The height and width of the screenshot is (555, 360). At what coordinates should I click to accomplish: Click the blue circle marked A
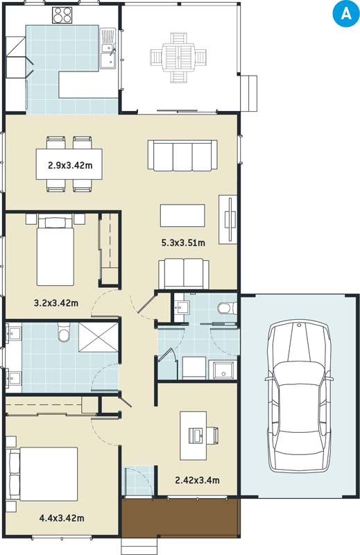click(x=346, y=14)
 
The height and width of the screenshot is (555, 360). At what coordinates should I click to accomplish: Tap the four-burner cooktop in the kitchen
click(x=62, y=15)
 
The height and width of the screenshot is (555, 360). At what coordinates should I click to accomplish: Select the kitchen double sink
click(x=108, y=49)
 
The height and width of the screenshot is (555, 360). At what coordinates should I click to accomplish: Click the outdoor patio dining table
click(x=178, y=58)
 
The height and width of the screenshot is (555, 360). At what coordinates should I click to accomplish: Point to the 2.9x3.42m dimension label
click(x=70, y=165)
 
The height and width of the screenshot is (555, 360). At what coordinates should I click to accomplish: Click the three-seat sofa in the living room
click(x=182, y=155)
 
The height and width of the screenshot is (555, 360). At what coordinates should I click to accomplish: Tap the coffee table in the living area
click(x=182, y=216)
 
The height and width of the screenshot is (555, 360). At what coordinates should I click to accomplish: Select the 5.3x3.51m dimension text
click(x=183, y=243)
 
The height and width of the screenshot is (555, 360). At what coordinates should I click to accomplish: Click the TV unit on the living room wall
click(x=228, y=219)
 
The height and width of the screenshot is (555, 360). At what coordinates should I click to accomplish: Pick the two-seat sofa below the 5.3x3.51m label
click(x=183, y=274)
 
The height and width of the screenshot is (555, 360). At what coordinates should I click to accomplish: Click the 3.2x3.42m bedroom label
click(x=56, y=303)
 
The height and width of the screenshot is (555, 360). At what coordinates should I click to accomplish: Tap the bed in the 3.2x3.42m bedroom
click(x=55, y=251)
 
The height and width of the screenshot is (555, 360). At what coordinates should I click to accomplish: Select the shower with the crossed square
click(x=98, y=337)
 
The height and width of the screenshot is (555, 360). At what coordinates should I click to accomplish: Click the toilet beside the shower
click(x=64, y=332)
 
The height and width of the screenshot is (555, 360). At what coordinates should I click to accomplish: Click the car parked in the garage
click(x=300, y=396)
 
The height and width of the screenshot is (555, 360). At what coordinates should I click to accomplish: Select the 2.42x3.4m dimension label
click(x=197, y=480)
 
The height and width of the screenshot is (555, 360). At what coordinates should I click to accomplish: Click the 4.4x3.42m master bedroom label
click(x=62, y=518)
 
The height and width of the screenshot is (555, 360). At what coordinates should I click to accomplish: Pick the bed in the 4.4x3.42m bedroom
click(x=42, y=475)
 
